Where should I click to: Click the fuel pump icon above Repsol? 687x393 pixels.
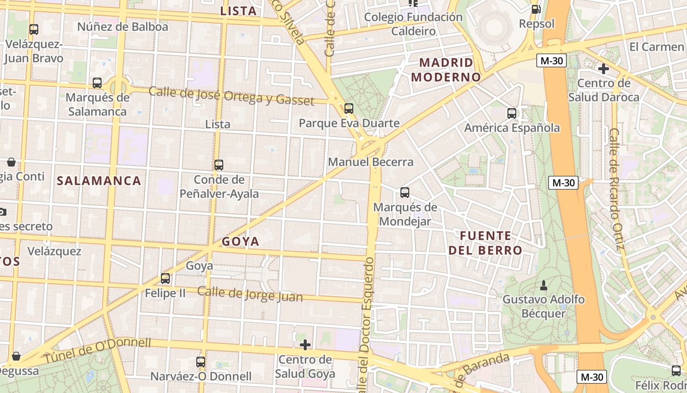(x=536, y=9)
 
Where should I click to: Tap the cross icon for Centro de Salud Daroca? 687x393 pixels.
(x=604, y=69)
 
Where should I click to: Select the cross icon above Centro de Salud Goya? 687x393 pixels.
(x=305, y=345)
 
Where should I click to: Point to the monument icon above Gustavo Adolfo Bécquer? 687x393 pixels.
(x=544, y=285)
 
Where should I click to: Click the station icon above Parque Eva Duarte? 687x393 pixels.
(x=349, y=109)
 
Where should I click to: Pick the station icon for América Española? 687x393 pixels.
(x=512, y=113)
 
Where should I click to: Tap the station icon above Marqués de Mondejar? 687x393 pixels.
(x=405, y=193)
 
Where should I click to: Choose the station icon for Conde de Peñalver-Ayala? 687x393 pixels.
(x=219, y=165)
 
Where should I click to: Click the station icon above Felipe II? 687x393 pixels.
(x=165, y=279)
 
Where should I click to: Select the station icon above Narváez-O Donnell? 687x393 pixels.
(x=201, y=362)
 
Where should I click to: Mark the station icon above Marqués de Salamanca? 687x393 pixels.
(x=97, y=83)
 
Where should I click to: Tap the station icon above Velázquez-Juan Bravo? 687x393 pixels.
(x=34, y=29)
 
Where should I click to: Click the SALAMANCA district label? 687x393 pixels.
(x=99, y=181)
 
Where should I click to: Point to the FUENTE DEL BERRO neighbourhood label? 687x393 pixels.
(x=485, y=243)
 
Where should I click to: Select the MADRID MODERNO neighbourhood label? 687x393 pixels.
(x=446, y=70)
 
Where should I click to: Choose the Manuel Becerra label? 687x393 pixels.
(x=370, y=162)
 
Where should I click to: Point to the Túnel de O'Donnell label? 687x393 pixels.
(x=98, y=350)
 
